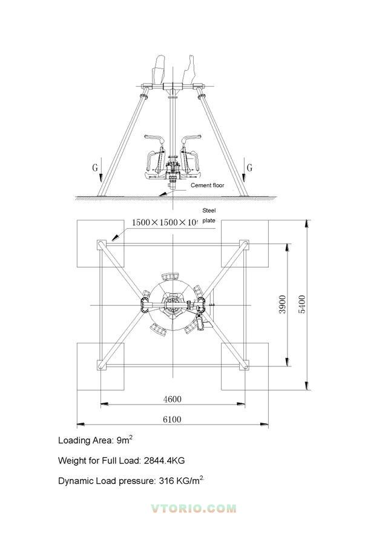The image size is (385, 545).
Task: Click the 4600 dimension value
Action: coord(173,399)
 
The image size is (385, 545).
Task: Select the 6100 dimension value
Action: coord(173,419)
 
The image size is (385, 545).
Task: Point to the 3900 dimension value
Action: coord(283,305)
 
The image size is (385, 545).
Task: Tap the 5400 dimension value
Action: coord(302,305)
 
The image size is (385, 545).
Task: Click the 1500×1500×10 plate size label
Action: coord(165,222)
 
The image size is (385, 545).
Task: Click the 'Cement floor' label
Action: coord(208,185)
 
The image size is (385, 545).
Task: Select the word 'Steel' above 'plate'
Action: coord(209,210)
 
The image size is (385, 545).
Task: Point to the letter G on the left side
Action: coord(95,168)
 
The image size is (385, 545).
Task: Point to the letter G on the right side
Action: coord(249,168)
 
